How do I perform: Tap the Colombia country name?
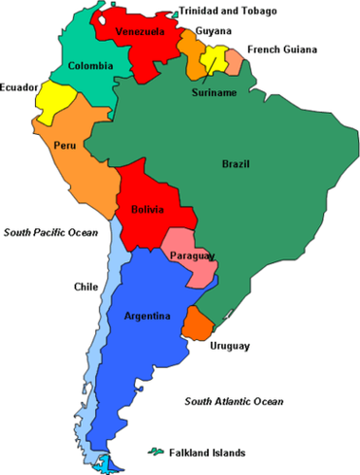(90, 66)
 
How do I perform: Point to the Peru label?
(65, 145)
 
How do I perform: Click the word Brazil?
(236, 163)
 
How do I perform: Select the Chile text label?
(85, 286)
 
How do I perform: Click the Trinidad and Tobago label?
(228, 11)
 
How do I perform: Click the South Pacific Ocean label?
(50, 232)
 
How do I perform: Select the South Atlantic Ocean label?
(234, 402)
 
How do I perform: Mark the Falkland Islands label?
(209, 451)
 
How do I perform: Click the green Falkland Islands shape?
(154, 451)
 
